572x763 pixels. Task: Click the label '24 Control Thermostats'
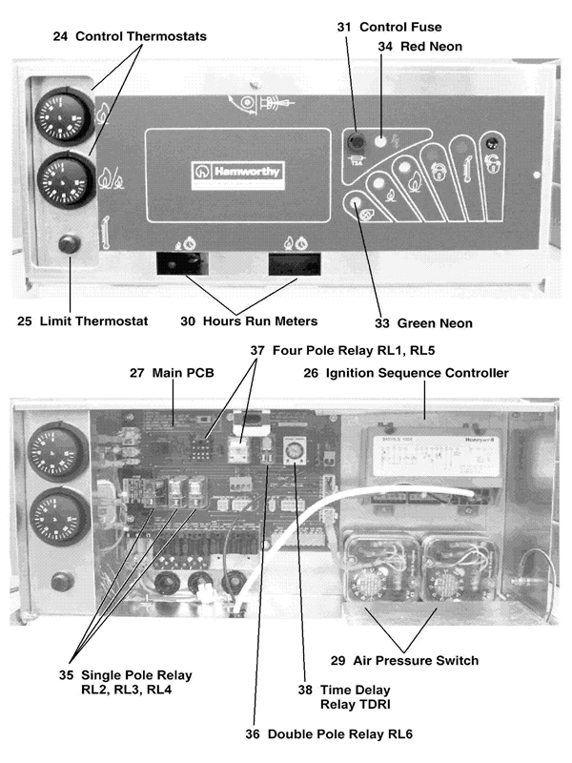pos(130,36)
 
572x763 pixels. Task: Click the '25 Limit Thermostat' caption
pos(83,321)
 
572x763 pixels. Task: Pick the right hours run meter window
pos(292,263)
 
